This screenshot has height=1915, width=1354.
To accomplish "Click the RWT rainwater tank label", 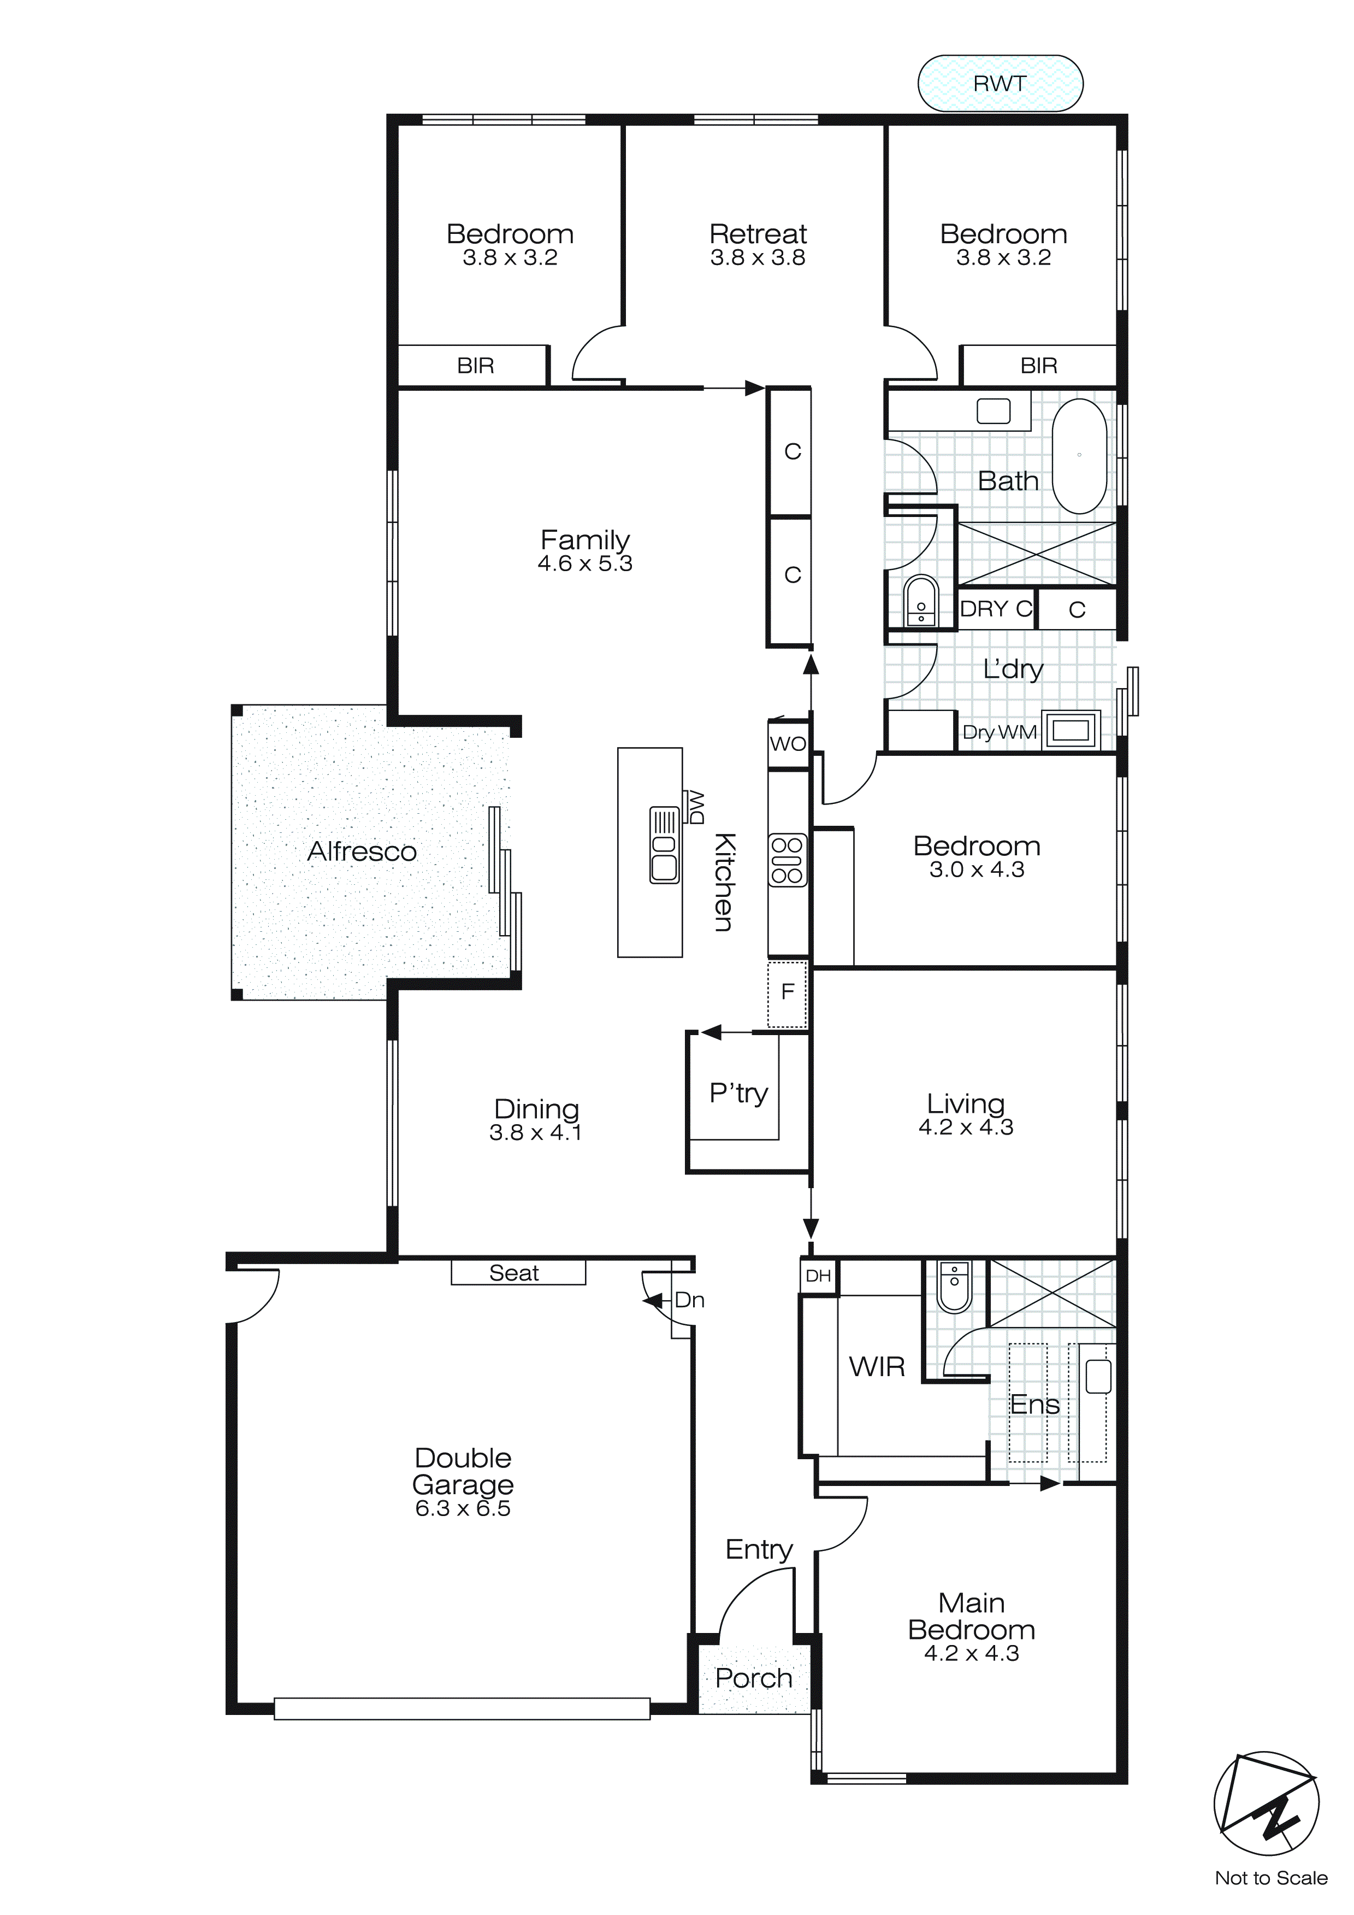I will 999,84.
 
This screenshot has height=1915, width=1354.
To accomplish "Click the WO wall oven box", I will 788,743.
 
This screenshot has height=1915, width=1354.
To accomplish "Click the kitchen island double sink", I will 665,845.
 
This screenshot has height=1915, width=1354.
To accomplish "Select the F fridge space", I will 787,992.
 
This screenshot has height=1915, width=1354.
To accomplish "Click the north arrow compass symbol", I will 1266,1803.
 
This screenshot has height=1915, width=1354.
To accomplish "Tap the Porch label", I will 754,1678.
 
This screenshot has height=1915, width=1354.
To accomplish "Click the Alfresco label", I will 362,851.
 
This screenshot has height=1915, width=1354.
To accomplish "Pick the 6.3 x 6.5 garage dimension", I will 463,1508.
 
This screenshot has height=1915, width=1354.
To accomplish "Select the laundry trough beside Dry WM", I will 1072,731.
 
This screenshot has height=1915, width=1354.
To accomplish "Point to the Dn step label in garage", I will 689,1300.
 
